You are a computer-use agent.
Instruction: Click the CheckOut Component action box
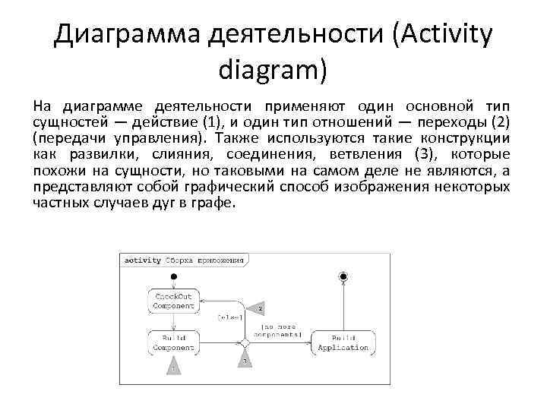(174, 301)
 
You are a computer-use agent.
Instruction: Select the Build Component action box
(174, 342)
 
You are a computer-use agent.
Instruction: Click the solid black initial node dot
(174, 276)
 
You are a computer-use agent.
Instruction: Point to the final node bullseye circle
(343, 276)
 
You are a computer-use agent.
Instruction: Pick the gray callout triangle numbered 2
(259, 308)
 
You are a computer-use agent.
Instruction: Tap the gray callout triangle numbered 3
(245, 358)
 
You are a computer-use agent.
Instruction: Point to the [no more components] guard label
(277, 330)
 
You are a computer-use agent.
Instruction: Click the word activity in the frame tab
(143, 260)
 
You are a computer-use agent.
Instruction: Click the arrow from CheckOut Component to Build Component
(174, 321)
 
